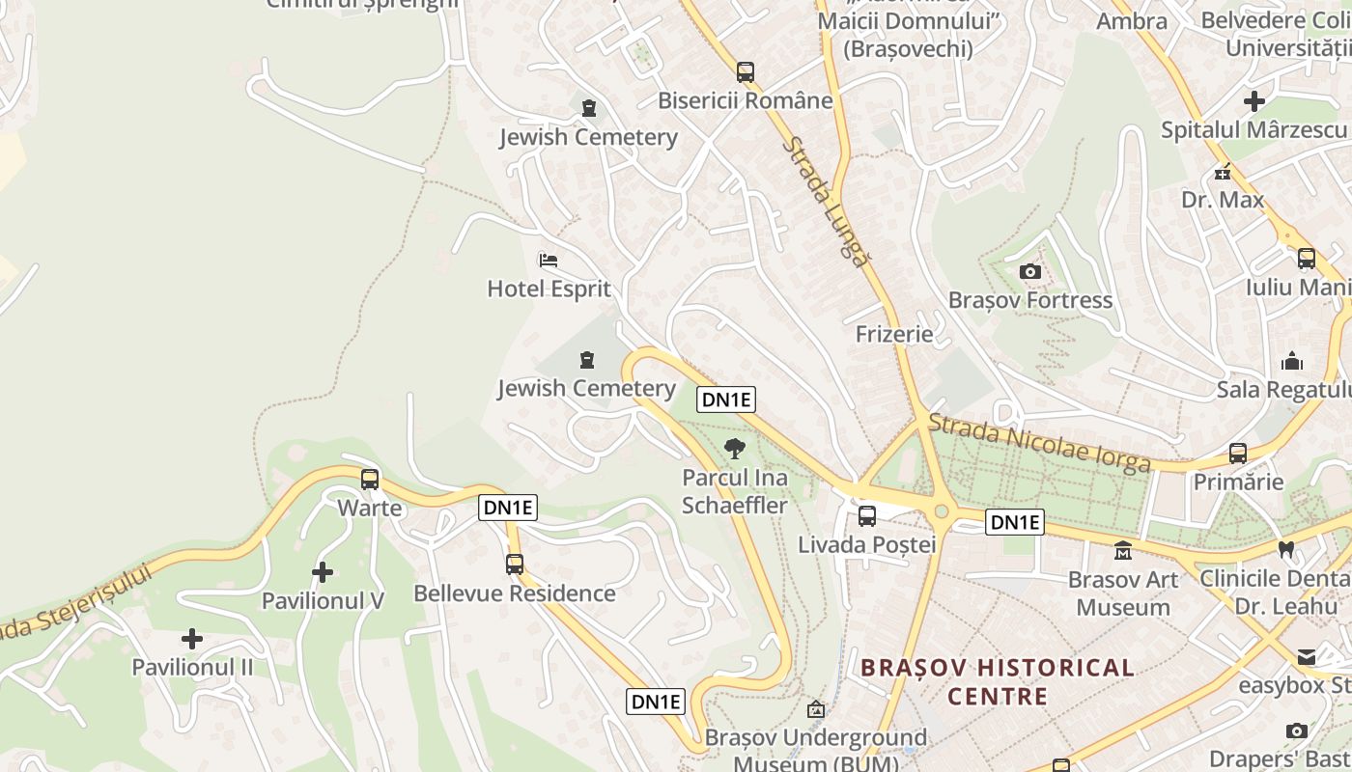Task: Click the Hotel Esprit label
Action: [x=549, y=289]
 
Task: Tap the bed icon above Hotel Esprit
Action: [x=549, y=261]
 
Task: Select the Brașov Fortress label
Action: [x=1030, y=300]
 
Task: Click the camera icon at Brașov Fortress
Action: [x=1030, y=272]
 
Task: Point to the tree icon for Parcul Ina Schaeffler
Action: [x=735, y=449]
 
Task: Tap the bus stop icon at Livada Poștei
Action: [x=867, y=516]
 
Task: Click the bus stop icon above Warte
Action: [x=370, y=480]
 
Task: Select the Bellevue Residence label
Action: [x=514, y=593]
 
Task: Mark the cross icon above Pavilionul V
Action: [x=323, y=573]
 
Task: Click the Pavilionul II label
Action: [x=192, y=667]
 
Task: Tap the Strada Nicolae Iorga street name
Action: [x=1039, y=444]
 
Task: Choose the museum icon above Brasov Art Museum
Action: [x=1123, y=551]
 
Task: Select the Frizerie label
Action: [x=894, y=334]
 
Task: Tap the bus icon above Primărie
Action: [x=1238, y=454]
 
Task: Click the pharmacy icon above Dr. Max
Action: [x=1223, y=174]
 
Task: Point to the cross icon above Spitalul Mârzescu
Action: [x=1254, y=101]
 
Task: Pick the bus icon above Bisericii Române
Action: [x=745, y=72]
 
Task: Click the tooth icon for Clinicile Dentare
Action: [x=1285, y=550]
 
